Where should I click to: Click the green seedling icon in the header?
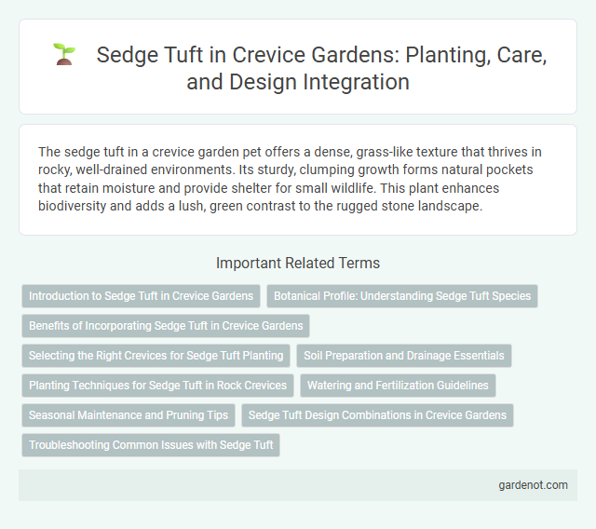63,54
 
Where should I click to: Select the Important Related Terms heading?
297,264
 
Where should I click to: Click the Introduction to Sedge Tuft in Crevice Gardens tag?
141,296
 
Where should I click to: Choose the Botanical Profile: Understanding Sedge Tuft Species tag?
402,296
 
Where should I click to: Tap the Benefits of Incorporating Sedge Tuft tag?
166,325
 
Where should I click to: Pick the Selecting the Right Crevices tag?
156,355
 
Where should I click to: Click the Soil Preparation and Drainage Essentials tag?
404,355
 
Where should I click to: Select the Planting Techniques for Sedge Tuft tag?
157,385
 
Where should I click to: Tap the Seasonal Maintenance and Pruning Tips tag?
128,414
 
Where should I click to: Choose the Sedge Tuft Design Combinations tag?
377,414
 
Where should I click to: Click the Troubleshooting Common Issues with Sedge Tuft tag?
151,444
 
